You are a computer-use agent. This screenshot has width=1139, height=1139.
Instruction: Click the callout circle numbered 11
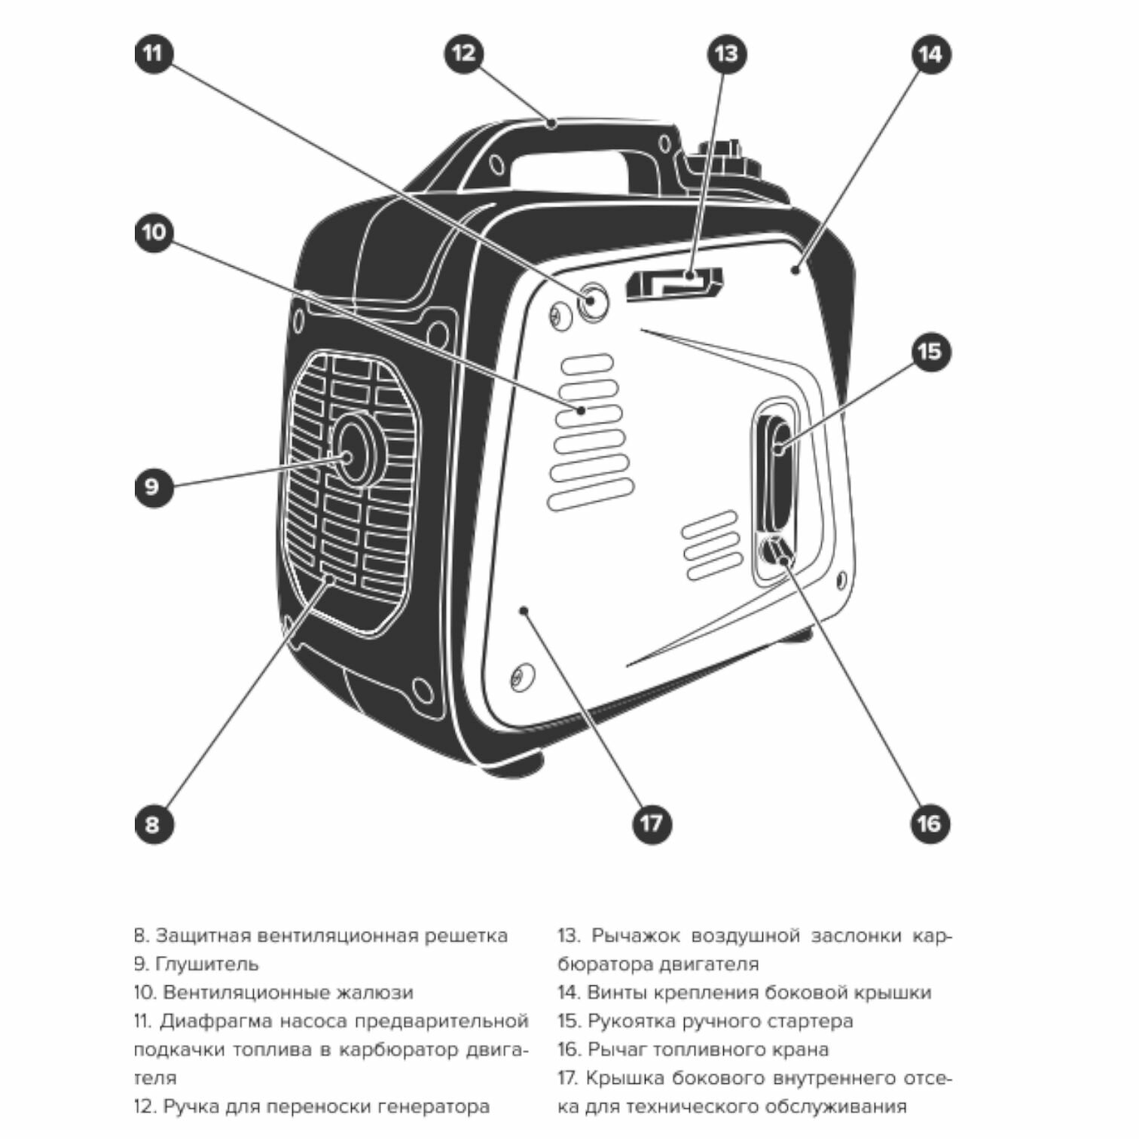154,53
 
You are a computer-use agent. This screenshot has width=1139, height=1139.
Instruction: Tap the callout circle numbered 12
464,53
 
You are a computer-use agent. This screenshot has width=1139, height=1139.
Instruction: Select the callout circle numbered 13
726,53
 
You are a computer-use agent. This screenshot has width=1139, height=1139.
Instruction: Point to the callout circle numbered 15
930,351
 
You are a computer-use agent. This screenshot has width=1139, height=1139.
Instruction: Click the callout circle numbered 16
930,823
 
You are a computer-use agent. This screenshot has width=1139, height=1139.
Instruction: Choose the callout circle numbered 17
652,823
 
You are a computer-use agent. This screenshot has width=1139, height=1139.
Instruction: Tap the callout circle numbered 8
153,823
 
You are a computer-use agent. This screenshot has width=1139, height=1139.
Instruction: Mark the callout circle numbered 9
153,486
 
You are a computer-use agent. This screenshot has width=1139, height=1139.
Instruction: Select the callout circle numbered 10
154,231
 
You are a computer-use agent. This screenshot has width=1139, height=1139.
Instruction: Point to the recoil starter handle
776,475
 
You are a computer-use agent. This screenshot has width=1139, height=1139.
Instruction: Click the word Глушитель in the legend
206,964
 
